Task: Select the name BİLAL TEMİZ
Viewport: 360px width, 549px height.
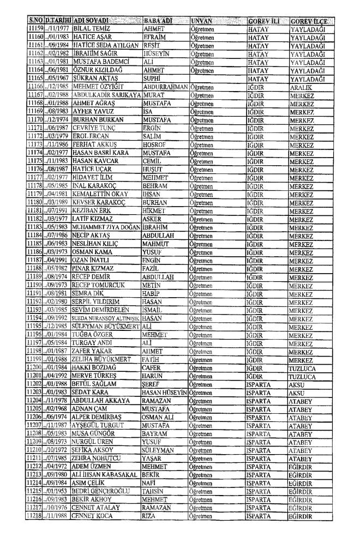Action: tap(91, 28)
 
